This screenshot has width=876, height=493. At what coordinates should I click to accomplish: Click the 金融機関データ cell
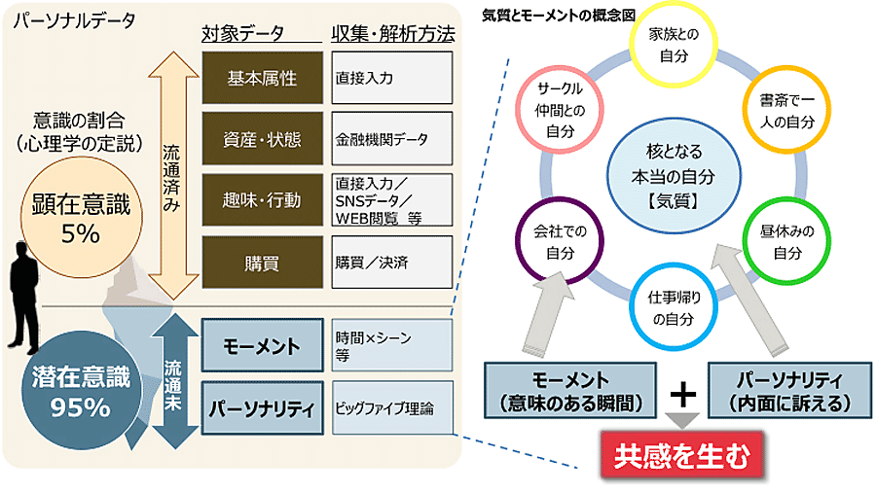pyautogui.click(x=391, y=140)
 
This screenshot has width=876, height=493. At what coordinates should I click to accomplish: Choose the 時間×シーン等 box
pyautogui.click(x=391, y=345)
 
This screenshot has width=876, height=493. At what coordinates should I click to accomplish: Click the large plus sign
pyautogui.click(x=684, y=392)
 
